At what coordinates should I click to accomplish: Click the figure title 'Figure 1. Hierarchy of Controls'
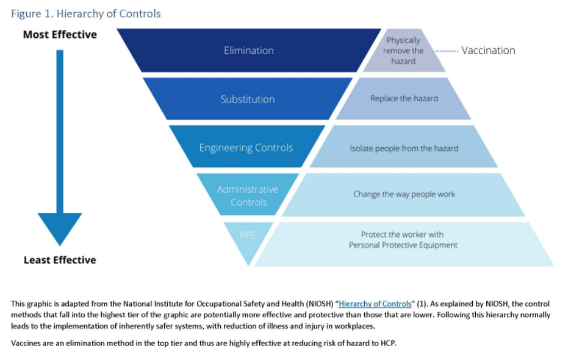(86, 13)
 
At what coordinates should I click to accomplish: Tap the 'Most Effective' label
(60, 35)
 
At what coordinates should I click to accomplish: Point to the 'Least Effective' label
(60, 260)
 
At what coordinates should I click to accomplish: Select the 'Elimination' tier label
(248, 51)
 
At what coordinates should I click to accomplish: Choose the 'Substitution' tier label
(248, 99)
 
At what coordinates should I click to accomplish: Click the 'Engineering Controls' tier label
(246, 148)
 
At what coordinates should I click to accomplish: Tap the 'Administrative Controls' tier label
(248, 196)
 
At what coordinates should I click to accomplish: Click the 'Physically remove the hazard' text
(403, 51)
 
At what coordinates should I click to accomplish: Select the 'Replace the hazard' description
(404, 99)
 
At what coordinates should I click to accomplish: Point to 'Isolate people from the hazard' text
(404, 148)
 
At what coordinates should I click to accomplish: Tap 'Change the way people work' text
(404, 195)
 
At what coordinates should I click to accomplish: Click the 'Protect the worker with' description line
(403, 234)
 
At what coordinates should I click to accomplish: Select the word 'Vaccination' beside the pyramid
(488, 51)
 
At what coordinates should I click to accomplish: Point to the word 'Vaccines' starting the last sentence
(26, 344)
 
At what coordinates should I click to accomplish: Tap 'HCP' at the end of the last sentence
(388, 344)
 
